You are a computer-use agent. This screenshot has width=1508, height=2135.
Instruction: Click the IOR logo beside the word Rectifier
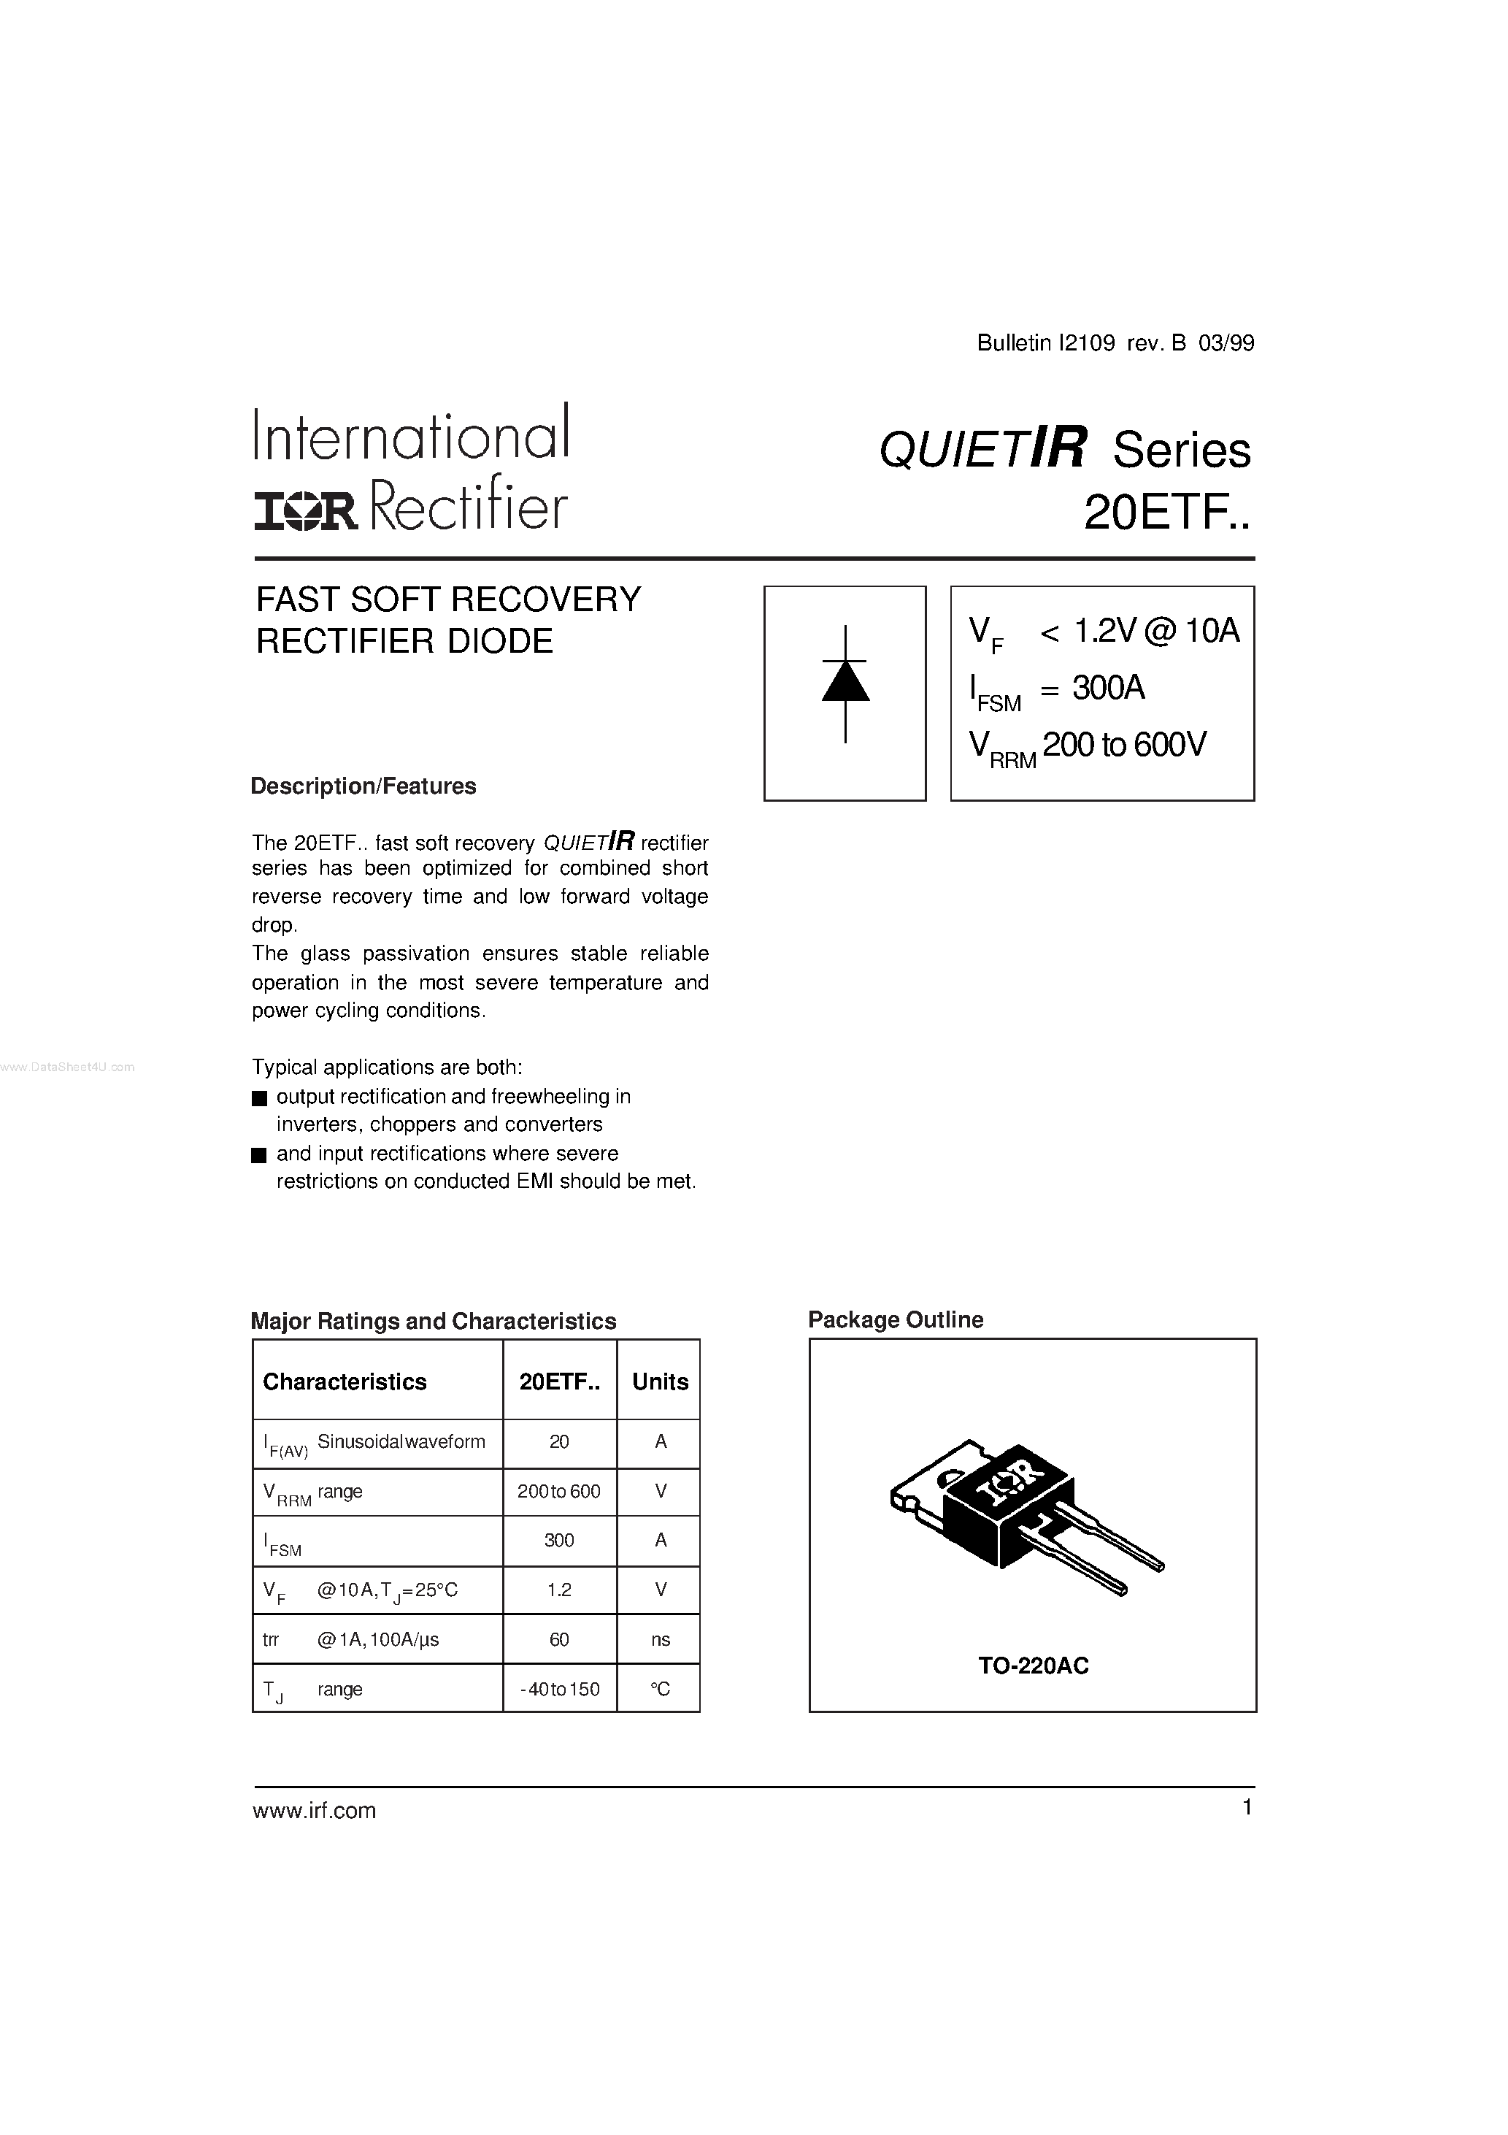pyautogui.click(x=305, y=511)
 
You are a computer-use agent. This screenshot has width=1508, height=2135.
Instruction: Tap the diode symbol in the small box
pyautogui.click(x=845, y=684)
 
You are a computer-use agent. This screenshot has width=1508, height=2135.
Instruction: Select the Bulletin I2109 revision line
pyautogui.click(x=1115, y=343)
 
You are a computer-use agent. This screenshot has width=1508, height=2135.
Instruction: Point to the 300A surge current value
pyautogui.click(x=1108, y=688)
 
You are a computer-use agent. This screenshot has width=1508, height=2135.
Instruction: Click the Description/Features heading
pyautogui.click(x=363, y=786)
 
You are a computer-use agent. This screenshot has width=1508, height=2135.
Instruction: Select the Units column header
pyautogui.click(x=660, y=1381)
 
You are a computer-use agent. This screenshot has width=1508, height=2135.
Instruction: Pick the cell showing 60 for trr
pyautogui.click(x=559, y=1639)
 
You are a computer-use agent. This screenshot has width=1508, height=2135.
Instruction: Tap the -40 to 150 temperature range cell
pyautogui.click(x=559, y=1689)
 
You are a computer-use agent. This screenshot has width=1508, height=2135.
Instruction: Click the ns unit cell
pyautogui.click(x=660, y=1639)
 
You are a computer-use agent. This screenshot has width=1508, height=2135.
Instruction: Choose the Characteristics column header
pyautogui.click(x=345, y=1381)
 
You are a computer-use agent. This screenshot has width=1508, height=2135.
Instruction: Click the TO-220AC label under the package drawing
pyautogui.click(x=1033, y=1666)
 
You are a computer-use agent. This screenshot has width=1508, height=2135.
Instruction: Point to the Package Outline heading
pyautogui.click(x=896, y=1319)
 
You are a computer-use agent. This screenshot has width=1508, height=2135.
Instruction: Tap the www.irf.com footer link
pyautogui.click(x=315, y=1811)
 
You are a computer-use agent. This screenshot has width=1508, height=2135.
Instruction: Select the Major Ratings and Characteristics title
pyautogui.click(x=434, y=1322)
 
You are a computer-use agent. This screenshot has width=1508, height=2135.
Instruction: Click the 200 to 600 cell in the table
pyautogui.click(x=559, y=1492)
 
